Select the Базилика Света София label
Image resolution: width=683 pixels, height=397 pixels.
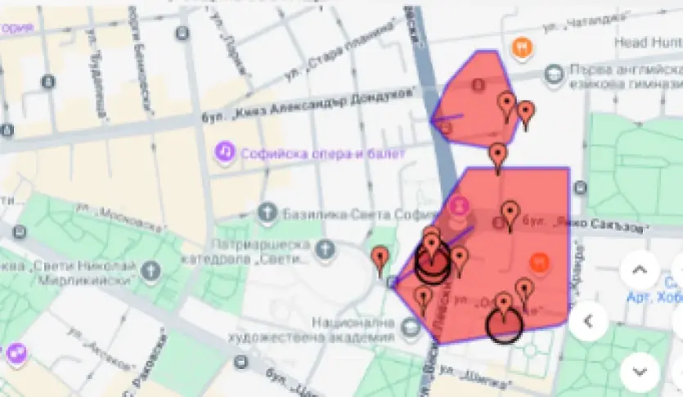(339, 214)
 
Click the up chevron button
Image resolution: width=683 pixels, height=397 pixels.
(640, 271)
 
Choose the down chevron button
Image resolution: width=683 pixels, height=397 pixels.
(640, 371)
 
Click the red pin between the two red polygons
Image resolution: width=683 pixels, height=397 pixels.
(497, 156)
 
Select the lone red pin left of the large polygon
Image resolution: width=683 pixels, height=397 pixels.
(379, 259)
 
